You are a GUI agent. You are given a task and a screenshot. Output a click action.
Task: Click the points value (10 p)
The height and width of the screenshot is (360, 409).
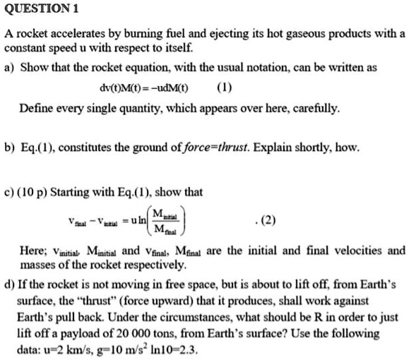coord(40,192)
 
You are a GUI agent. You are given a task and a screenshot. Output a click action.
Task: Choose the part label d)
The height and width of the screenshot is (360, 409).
coord(10,284)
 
